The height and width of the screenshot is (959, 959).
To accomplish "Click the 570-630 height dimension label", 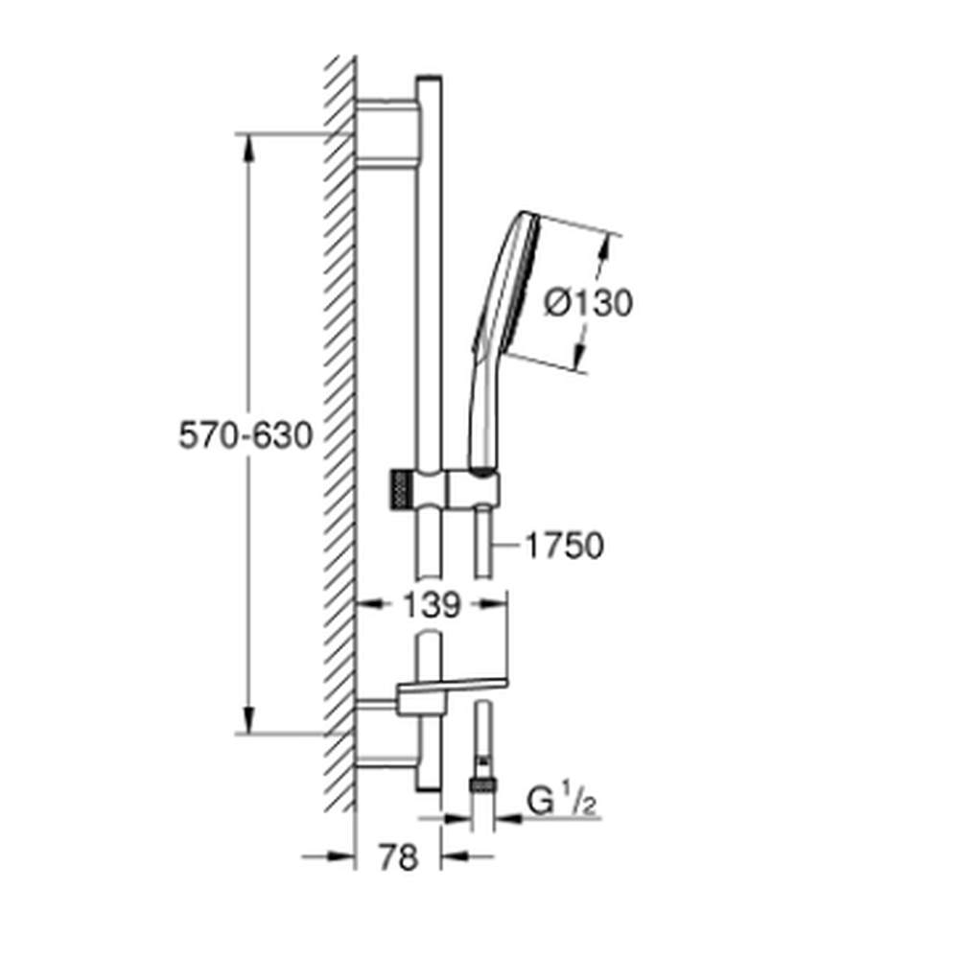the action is (246, 436).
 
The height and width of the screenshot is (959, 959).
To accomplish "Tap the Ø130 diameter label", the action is (588, 303).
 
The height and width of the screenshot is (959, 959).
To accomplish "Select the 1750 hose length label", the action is (564, 546).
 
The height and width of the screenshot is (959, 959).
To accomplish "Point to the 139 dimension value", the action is (432, 605).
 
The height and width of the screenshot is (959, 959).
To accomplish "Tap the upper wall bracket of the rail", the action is (387, 132).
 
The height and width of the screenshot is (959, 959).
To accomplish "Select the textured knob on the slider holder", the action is (399, 490).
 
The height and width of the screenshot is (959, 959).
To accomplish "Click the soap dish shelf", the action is (453, 690).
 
